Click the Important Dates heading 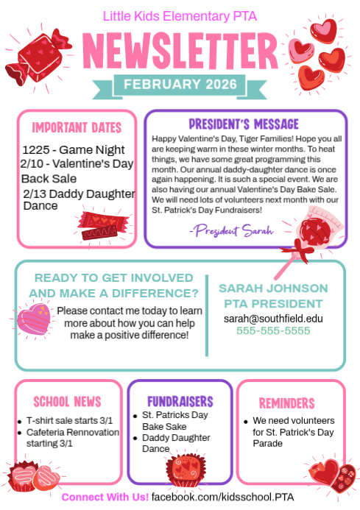click(76, 126)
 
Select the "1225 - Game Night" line click(73, 150)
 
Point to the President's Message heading click(244, 123)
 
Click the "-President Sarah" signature click(230, 230)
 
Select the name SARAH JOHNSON click(273, 287)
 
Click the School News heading click(67, 401)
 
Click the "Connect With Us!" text click(105, 497)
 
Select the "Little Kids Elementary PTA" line click(180, 15)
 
